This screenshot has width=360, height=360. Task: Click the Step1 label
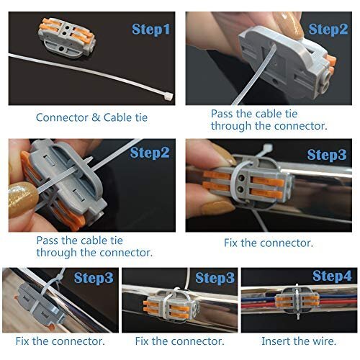(151, 30)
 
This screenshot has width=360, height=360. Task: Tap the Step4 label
(332, 276)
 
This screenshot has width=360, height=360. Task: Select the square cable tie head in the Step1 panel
(168, 97)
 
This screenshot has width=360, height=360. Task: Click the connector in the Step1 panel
(67, 38)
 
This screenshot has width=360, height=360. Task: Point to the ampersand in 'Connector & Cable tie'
(96, 117)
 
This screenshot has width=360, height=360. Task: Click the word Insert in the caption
(275, 341)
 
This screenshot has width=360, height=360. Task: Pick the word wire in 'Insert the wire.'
(323, 341)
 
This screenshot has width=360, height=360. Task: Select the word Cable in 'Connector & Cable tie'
(117, 117)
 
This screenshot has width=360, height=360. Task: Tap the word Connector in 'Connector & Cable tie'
(62, 117)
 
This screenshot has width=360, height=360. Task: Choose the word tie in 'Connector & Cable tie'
(141, 117)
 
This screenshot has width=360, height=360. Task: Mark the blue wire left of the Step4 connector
(258, 300)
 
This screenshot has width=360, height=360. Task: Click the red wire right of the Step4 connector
(338, 302)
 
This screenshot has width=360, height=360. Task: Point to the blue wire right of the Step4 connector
(338, 297)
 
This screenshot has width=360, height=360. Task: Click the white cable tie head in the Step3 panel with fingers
(268, 147)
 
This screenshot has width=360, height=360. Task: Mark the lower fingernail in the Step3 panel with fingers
(217, 207)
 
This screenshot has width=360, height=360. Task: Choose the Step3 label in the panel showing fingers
(327, 155)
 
